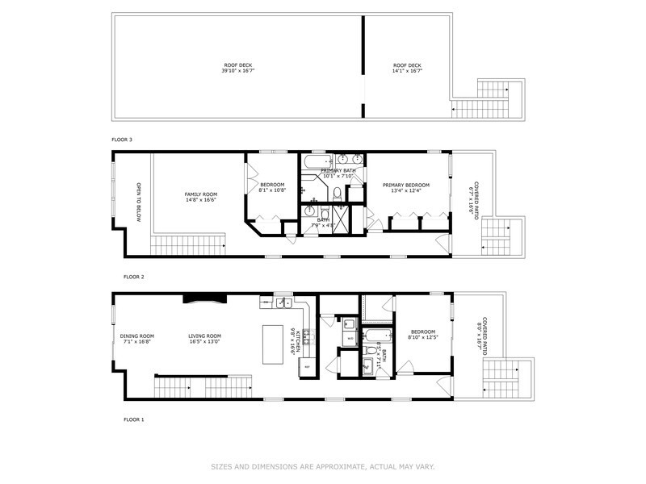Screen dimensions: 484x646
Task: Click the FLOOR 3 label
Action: click(x=121, y=140)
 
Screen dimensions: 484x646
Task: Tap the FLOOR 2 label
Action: click(x=133, y=277)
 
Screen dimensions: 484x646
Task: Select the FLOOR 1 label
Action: click(x=133, y=419)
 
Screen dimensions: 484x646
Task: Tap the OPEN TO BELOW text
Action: click(x=139, y=202)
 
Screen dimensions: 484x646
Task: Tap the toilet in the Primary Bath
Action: click(x=338, y=192)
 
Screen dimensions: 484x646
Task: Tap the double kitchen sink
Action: click(x=283, y=303)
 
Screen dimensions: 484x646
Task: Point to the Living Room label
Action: click(x=204, y=339)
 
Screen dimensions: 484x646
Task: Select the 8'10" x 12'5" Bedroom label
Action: click(x=423, y=335)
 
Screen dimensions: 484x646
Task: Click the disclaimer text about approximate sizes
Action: click(x=323, y=466)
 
